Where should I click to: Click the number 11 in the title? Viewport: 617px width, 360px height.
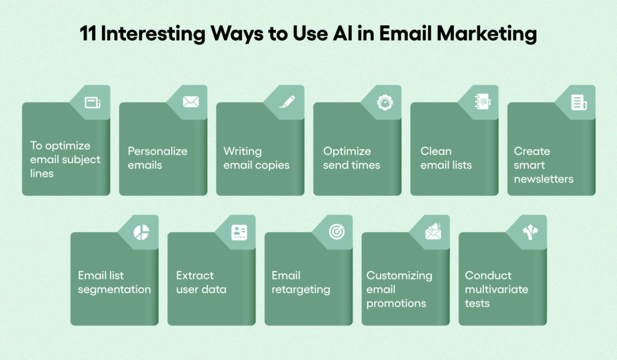tap(88, 34)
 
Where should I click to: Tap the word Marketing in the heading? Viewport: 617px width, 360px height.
tap(487, 34)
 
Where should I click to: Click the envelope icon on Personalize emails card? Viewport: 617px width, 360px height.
tap(191, 102)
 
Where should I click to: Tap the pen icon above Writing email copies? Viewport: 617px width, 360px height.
tap(287, 102)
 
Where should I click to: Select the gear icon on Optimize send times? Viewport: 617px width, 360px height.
tap(385, 103)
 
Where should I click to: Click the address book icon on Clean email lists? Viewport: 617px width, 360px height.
tap(483, 102)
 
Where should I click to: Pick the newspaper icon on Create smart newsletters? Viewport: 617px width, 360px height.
tap(579, 103)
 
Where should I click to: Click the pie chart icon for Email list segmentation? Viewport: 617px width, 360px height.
tap(141, 232)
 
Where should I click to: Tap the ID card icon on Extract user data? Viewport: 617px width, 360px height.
tap(239, 232)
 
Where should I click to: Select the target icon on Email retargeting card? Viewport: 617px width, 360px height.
tap(337, 232)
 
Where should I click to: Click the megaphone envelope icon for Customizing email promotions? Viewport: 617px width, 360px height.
tap(433, 232)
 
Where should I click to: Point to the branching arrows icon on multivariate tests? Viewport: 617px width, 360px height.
tap(530, 232)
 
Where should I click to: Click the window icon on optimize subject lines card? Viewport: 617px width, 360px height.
tap(93, 103)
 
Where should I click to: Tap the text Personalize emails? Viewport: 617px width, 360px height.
tap(157, 158)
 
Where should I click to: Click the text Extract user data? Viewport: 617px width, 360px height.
tap(201, 282)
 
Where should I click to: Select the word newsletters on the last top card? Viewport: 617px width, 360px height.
tap(543, 179)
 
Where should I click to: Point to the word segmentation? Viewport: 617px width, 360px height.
tap(114, 289)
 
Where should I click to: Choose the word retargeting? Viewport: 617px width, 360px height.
tap(301, 289)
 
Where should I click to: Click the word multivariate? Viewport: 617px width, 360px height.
tap(496, 289)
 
